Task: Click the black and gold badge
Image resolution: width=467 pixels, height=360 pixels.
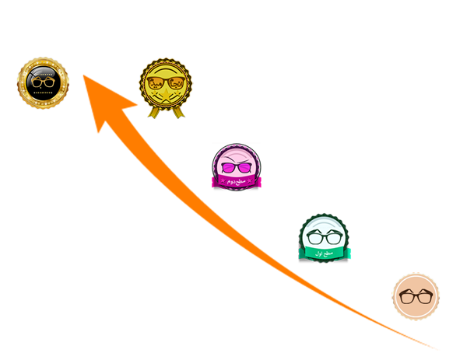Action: click(x=43, y=82)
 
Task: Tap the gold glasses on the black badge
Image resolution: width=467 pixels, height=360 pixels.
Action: click(x=43, y=81)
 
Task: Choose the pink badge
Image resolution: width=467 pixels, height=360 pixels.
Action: click(x=237, y=166)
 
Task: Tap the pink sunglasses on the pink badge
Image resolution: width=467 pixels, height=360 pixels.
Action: click(x=237, y=166)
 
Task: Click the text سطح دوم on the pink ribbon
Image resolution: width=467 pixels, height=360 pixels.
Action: click(x=236, y=180)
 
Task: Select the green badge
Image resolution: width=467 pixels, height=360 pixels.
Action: click(x=324, y=236)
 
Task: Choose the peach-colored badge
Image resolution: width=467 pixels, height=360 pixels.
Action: click(x=415, y=296)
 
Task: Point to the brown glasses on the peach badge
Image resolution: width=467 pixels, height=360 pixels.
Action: click(x=415, y=296)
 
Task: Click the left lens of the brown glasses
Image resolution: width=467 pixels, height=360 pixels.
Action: click(x=407, y=296)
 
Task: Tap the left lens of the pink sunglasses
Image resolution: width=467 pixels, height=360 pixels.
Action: click(x=228, y=166)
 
